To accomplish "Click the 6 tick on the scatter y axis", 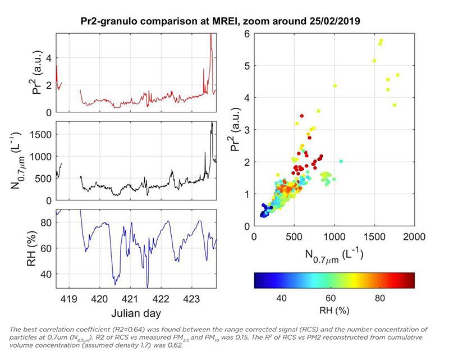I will (246, 34).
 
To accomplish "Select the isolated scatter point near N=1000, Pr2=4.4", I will (335, 85).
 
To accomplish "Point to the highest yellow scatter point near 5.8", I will (381, 40).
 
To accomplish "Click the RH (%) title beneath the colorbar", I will (334, 309).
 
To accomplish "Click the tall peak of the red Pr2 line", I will (210, 35).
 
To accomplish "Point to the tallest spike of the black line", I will (212, 122).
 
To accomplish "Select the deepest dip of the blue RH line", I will (148, 286).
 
